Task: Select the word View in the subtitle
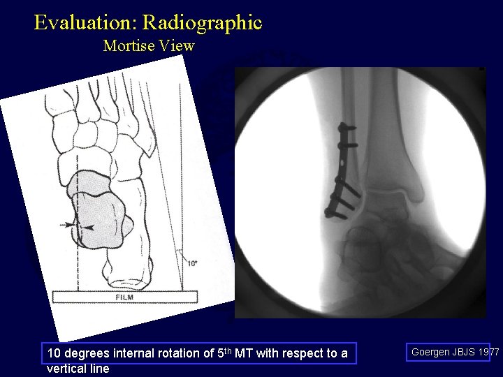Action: click(x=179, y=46)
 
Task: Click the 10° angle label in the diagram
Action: click(x=192, y=263)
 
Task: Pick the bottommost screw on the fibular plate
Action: click(x=331, y=212)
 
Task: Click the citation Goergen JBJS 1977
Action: click(x=455, y=353)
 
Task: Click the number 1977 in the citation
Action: click(x=487, y=353)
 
